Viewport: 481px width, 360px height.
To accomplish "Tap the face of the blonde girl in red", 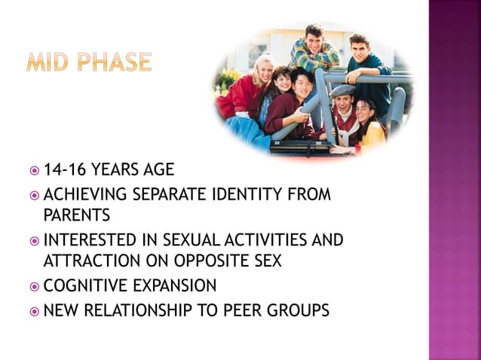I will coord(263,72).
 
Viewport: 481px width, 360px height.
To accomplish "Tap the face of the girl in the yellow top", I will coord(366,112).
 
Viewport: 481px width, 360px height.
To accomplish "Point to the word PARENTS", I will coord(77,215).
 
